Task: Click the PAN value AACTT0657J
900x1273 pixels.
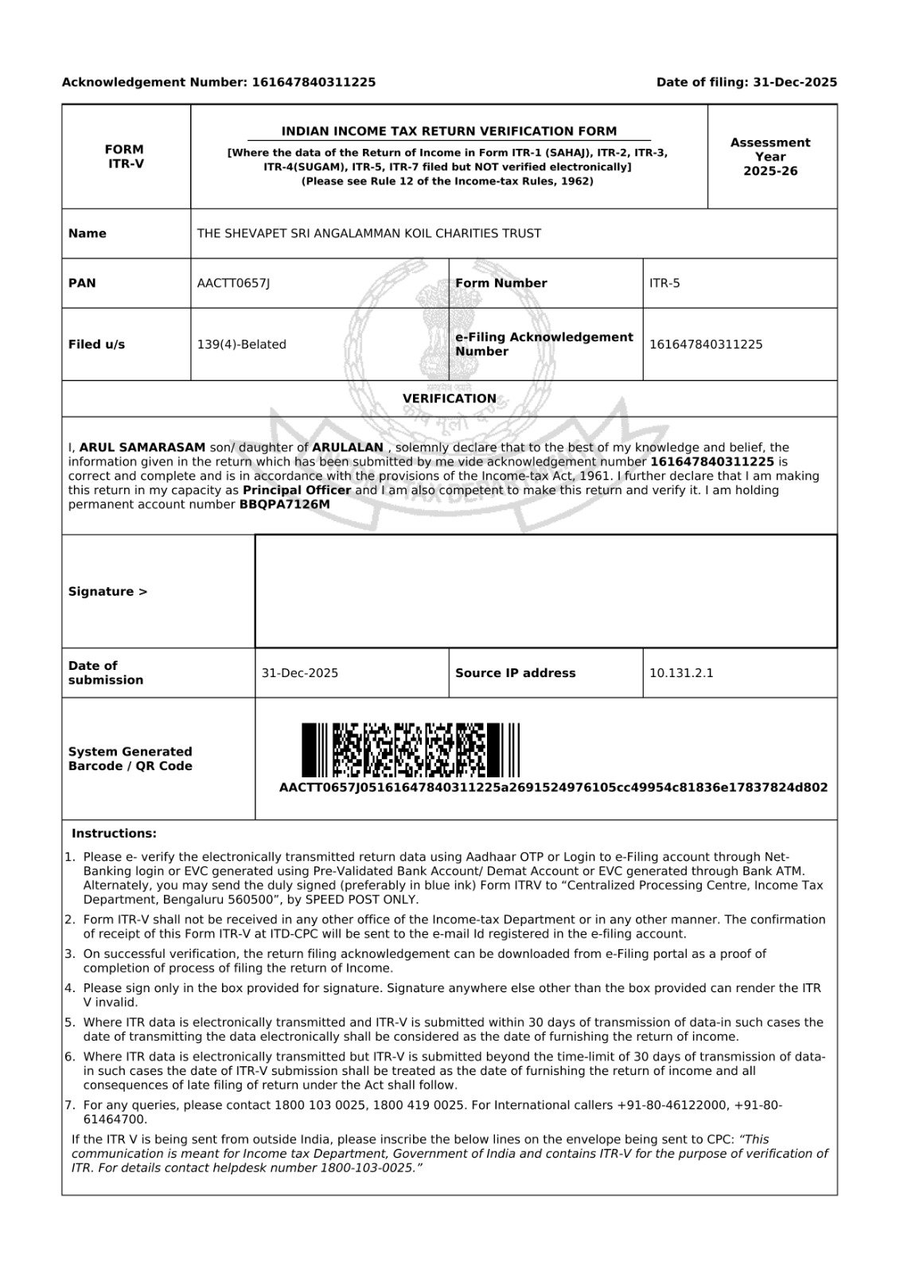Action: [233, 283]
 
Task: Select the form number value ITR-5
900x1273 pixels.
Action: [664, 283]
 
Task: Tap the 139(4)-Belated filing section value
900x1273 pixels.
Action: [241, 345]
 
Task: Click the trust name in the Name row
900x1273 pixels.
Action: [368, 234]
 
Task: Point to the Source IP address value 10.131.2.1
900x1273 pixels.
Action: [681, 673]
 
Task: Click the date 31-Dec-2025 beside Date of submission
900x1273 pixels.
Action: [299, 673]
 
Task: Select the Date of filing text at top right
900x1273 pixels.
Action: [746, 82]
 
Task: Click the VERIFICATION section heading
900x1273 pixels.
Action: [449, 399]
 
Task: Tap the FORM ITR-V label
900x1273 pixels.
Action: [125, 156]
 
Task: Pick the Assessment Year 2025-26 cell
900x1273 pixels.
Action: [770, 157]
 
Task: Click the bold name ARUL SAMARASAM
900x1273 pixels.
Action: [142, 448]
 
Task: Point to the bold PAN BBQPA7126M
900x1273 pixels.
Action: [284, 504]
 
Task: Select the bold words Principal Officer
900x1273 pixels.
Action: [297, 490]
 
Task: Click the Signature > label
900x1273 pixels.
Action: [107, 592]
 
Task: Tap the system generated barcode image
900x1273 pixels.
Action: [410, 749]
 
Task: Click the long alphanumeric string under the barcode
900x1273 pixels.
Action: [553, 788]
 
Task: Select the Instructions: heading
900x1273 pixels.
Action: [114, 834]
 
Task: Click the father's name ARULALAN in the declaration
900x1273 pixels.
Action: [348, 448]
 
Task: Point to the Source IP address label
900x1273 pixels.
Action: [515, 673]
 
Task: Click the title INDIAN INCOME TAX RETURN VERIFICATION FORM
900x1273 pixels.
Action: [449, 131]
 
